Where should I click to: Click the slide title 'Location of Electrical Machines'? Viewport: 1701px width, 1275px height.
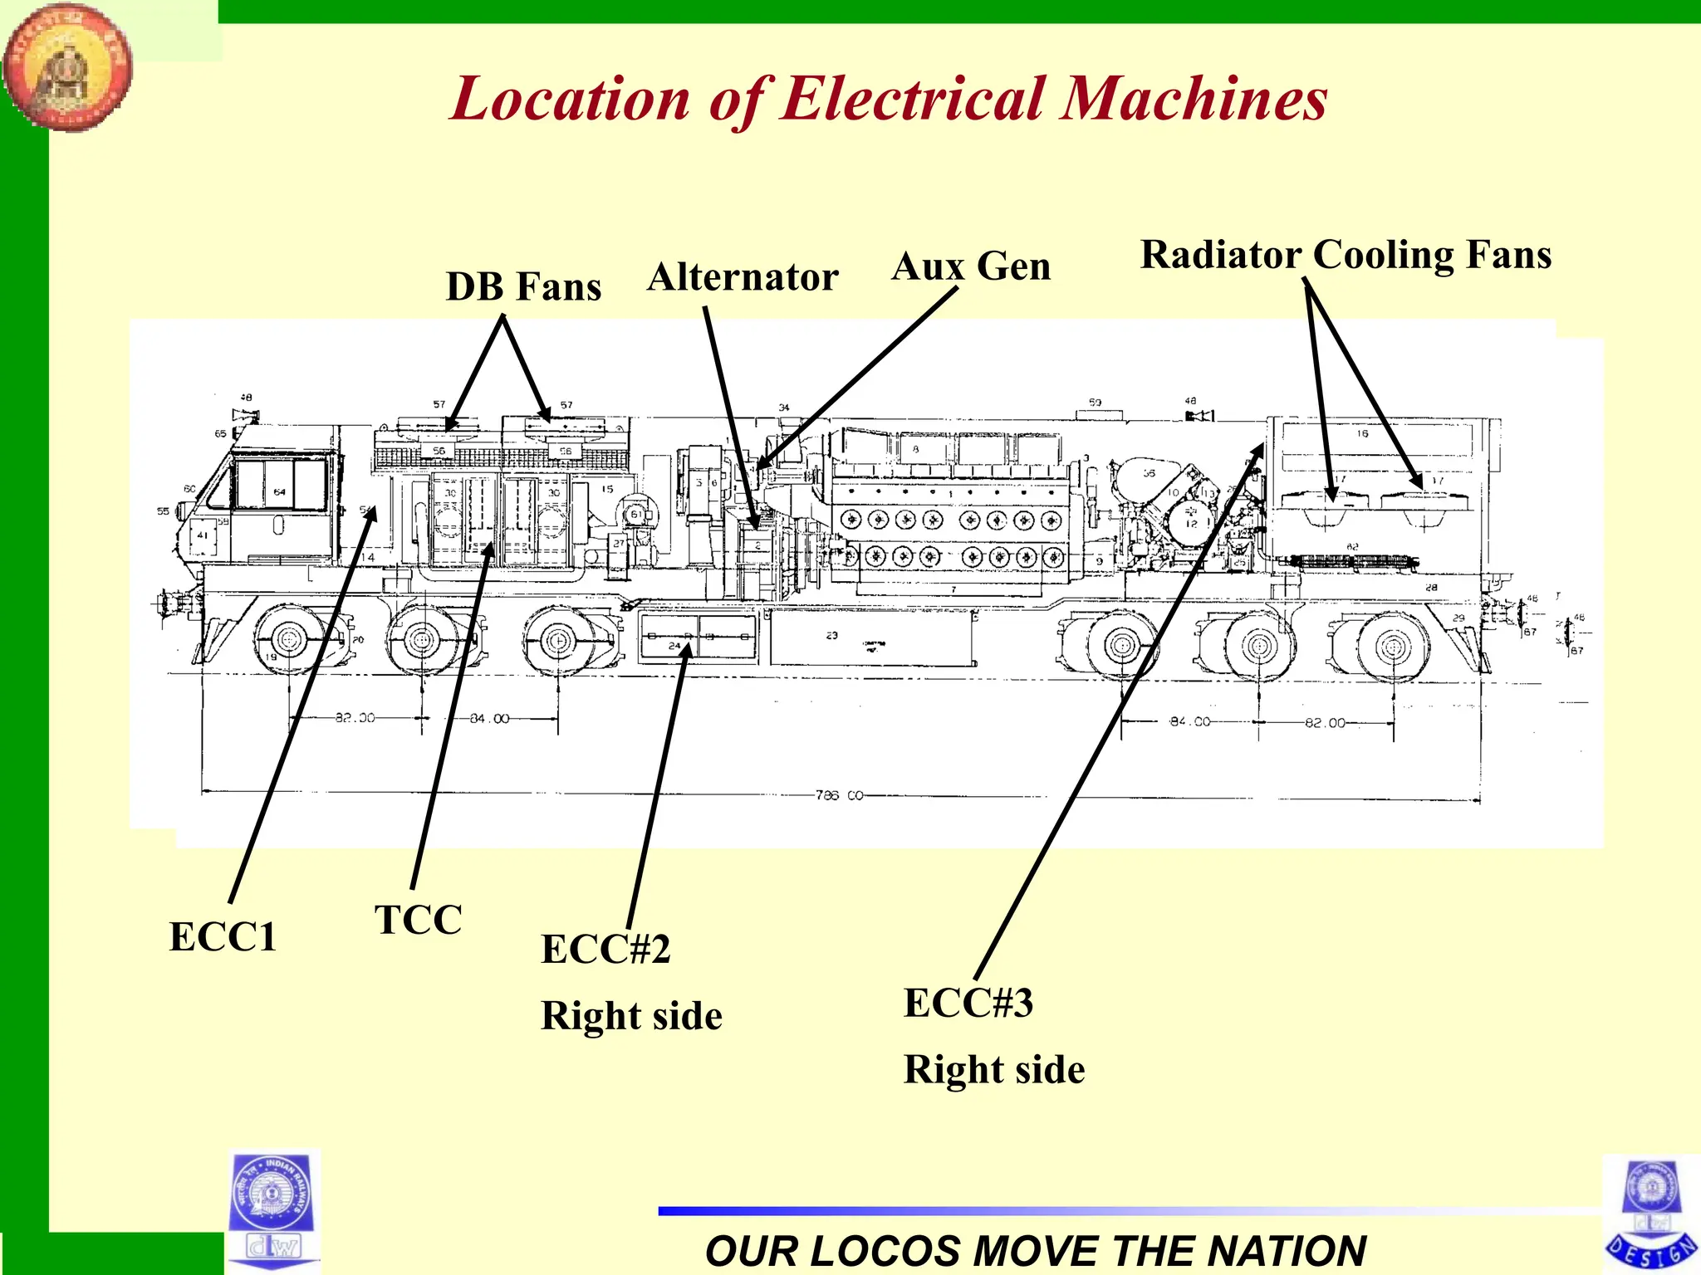888,100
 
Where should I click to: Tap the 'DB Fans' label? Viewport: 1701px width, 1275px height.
523,286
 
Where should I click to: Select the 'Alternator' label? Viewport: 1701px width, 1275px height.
743,277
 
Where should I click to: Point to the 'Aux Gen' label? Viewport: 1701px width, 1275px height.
971,267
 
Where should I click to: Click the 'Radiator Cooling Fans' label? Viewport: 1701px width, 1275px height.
1346,255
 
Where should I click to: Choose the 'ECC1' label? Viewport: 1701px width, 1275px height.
223,937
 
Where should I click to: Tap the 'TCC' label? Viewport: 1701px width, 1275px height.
418,920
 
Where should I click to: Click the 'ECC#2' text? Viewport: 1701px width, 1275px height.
605,950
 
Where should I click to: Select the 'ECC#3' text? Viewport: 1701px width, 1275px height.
968,1003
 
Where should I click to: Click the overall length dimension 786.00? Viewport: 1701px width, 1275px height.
839,795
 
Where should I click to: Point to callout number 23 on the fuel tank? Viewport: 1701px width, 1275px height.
832,635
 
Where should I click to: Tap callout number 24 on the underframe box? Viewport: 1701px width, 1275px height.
674,646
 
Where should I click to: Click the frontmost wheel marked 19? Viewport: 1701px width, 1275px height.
288,640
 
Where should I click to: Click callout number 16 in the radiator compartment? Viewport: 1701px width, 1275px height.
1362,433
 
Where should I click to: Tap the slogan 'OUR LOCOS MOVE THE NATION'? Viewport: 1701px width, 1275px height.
1035,1250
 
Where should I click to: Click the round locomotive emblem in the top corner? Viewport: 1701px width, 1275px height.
66,66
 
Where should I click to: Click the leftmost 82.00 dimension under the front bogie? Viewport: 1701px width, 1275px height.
355,717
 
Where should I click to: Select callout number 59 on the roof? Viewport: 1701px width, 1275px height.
1095,403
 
